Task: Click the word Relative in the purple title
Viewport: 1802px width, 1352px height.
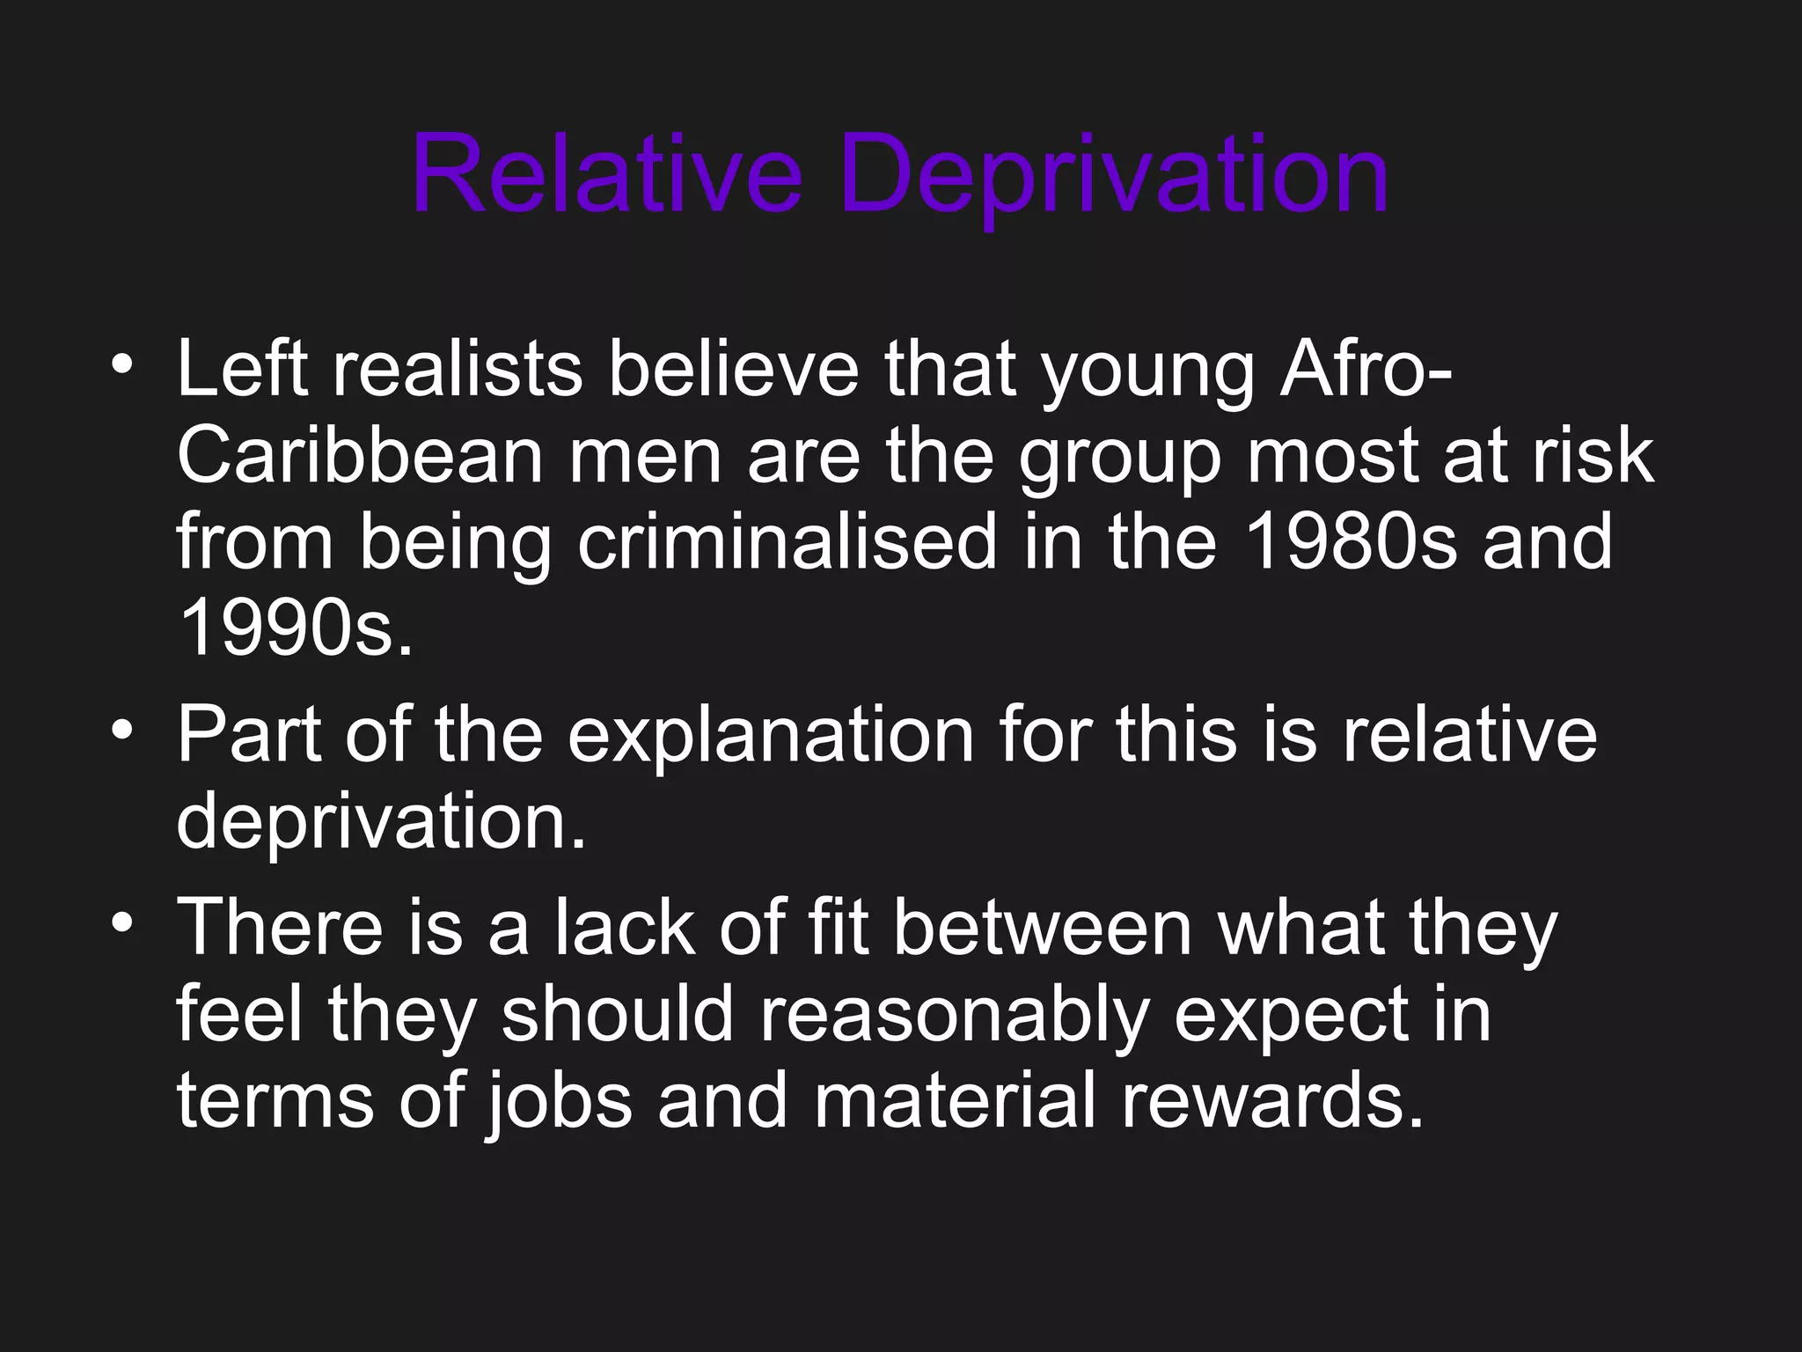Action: coord(606,173)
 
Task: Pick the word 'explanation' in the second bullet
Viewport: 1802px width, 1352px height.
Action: coord(770,734)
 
